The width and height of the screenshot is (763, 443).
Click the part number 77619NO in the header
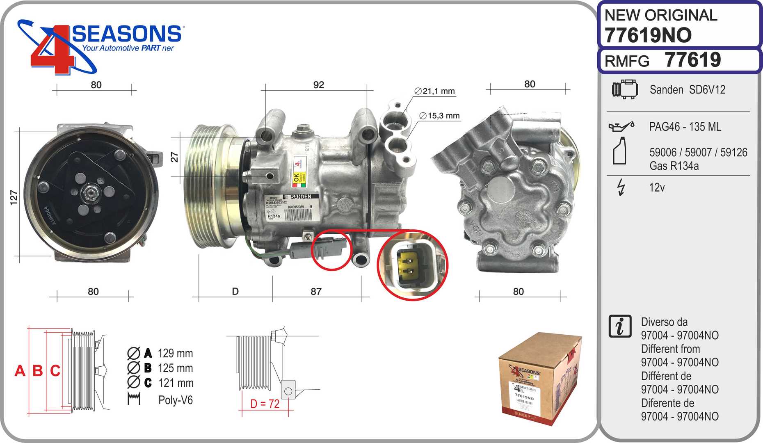(648, 35)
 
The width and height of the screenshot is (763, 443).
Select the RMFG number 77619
(692, 60)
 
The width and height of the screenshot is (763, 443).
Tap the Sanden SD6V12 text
(687, 90)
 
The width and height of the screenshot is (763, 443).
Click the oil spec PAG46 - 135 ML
(685, 127)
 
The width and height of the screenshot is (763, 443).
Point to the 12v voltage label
(656, 187)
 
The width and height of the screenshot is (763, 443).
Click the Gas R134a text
(674, 166)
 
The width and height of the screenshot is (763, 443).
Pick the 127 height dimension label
(14, 197)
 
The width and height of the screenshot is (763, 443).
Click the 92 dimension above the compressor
(318, 85)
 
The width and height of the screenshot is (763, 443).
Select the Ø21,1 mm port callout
(435, 91)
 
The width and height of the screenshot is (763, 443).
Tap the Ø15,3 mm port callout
(439, 116)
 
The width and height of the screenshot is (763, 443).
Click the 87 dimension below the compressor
(316, 292)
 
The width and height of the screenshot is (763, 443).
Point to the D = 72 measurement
(265, 404)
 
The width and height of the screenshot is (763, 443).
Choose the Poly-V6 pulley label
(175, 400)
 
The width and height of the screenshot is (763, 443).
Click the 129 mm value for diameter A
(175, 353)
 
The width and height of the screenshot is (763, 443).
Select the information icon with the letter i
(620, 327)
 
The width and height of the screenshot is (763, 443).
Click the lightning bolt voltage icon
(621, 187)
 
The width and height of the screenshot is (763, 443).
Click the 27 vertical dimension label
(174, 157)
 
